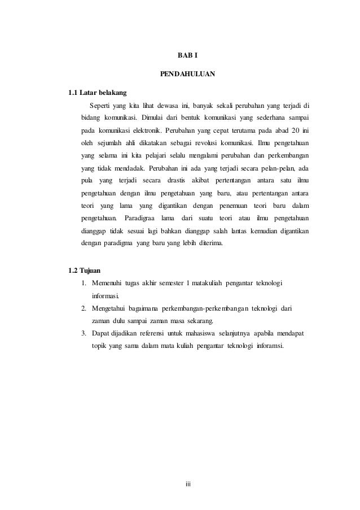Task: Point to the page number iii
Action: pyautogui.click(x=189, y=485)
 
